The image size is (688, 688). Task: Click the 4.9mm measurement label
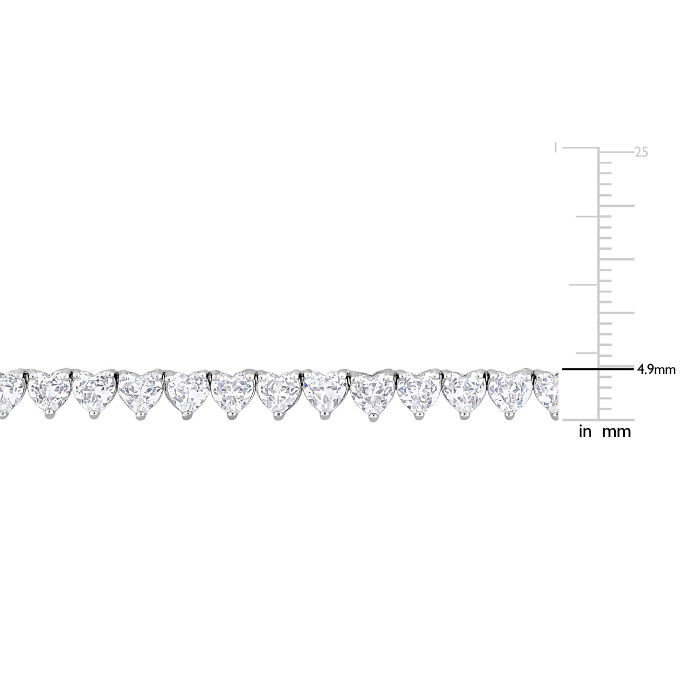(x=656, y=370)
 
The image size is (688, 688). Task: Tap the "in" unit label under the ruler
(x=585, y=432)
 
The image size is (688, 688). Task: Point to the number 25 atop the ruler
(x=641, y=153)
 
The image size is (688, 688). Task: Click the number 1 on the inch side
(x=556, y=147)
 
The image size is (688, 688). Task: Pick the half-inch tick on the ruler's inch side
(x=584, y=284)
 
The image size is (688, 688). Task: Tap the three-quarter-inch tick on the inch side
(x=587, y=216)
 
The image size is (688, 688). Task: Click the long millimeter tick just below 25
(x=616, y=206)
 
